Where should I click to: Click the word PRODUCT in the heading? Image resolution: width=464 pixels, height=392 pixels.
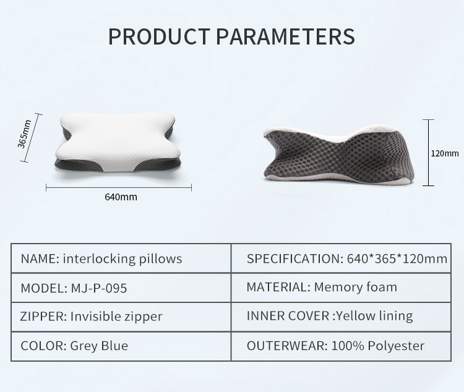click(x=159, y=36)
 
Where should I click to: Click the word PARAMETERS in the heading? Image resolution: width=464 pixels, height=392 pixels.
click(x=285, y=36)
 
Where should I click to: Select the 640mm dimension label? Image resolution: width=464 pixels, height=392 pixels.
click(x=121, y=197)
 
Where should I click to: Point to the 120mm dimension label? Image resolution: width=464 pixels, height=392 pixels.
click(x=445, y=153)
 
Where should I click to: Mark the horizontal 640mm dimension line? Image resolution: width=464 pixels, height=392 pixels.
click(x=119, y=187)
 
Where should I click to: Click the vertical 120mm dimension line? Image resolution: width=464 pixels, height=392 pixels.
click(x=428, y=153)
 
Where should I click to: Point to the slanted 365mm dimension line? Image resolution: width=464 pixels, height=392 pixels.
click(x=31, y=138)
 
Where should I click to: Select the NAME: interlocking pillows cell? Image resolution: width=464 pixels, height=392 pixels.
click(x=121, y=258)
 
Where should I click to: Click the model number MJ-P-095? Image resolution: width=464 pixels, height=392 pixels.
click(x=99, y=288)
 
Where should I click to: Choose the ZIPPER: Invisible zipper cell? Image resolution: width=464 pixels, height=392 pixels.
click(x=121, y=317)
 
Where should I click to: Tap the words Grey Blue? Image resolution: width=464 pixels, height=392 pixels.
click(x=99, y=346)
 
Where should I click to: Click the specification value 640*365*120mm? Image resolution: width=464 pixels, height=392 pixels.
click(x=397, y=258)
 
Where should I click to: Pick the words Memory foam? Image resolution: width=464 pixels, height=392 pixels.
click(x=355, y=287)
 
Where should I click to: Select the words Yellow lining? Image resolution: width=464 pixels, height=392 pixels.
click(x=374, y=316)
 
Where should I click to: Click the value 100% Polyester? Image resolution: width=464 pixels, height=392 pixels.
click(x=378, y=346)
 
